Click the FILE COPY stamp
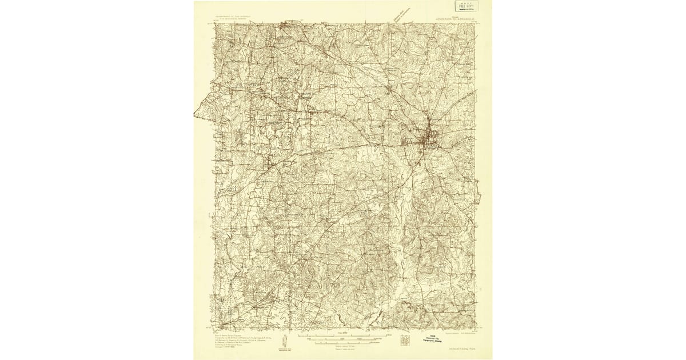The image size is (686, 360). pyautogui.click(x=466, y=6)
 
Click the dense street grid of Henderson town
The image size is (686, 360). pyautogui.click(x=429, y=137)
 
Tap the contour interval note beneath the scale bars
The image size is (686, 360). pyautogui.click(x=343, y=346)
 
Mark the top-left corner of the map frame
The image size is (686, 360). pyautogui.click(x=216, y=23)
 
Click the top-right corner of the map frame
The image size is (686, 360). pyautogui.click(x=475, y=23)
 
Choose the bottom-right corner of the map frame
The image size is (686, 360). pyautogui.click(x=475, y=329)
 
